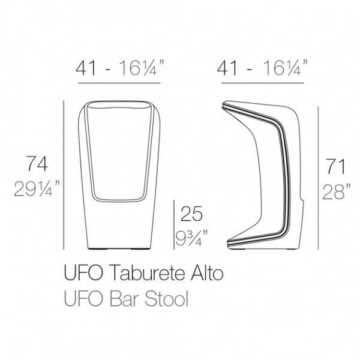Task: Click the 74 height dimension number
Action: (37, 164)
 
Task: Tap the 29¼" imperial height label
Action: (37, 188)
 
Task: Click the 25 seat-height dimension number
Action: (192, 214)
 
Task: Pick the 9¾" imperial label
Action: (192, 238)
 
